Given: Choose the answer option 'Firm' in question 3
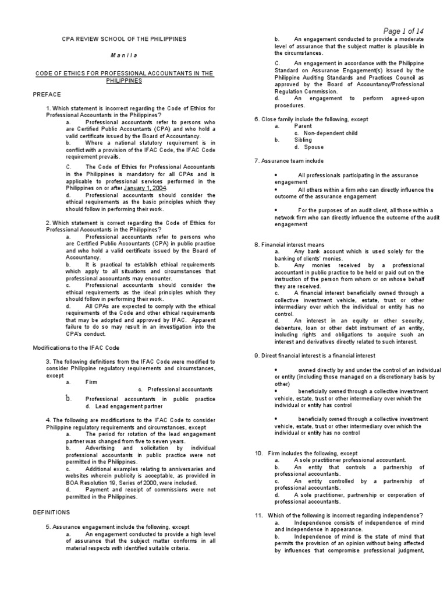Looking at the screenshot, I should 91,382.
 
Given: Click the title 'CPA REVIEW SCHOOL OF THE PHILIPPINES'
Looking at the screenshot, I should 124,38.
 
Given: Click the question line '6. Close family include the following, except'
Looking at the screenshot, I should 311,118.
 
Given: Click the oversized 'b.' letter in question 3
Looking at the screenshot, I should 69,398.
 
